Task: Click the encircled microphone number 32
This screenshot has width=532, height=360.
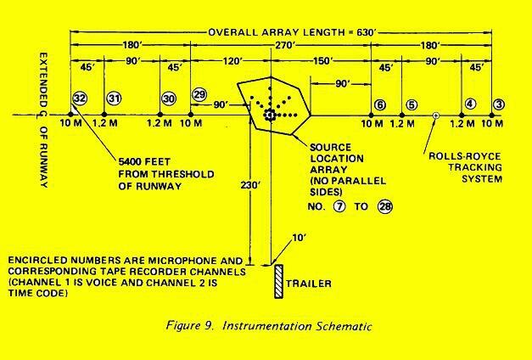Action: [x=79, y=98]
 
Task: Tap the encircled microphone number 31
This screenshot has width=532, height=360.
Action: [x=113, y=98]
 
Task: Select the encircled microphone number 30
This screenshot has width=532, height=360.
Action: [x=169, y=98]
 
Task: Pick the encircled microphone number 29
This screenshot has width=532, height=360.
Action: [x=199, y=93]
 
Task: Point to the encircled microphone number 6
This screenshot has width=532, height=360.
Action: [x=379, y=104]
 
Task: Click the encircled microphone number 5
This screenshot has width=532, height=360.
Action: [x=412, y=104]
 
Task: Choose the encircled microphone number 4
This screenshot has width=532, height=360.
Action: [x=469, y=104]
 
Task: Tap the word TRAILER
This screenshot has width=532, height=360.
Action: [x=310, y=283]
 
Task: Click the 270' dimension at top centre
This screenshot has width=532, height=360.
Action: [x=273, y=48]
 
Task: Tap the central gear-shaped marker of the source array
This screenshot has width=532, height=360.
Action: [x=271, y=115]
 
